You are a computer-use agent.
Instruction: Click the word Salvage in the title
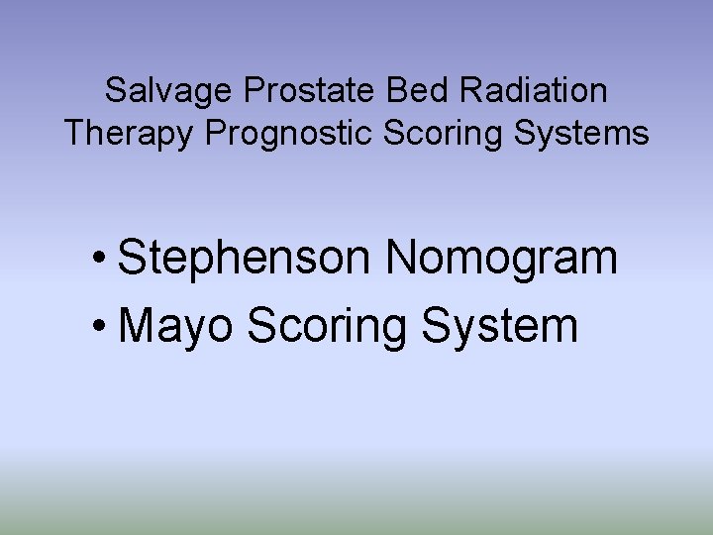click(165, 91)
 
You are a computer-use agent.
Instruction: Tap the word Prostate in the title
click(304, 91)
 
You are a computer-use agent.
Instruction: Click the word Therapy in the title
click(129, 133)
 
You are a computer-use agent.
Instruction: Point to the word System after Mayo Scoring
click(500, 325)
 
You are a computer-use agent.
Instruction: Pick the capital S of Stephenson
click(131, 258)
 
